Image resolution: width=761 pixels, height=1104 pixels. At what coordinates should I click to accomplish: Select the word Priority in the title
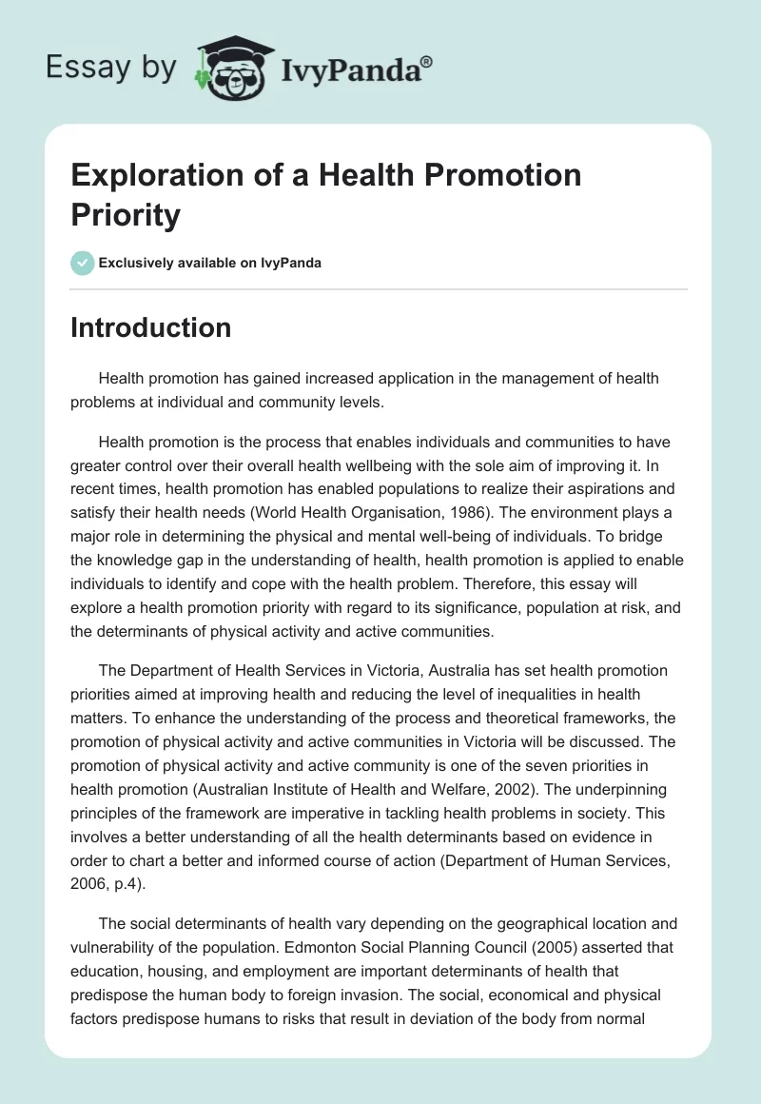pos(126,215)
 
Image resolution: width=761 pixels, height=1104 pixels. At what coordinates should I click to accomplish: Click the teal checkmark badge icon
pos(83,263)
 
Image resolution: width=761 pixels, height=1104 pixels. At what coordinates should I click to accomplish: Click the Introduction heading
pos(150,327)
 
